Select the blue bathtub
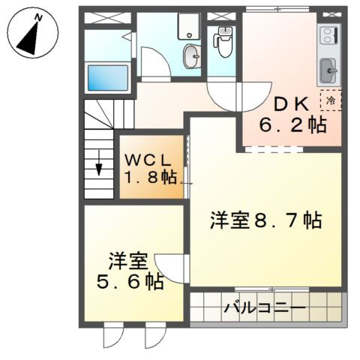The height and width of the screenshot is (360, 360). (108, 77)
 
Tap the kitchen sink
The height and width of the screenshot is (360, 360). (328, 72)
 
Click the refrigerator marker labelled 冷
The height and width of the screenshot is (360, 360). (330, 99)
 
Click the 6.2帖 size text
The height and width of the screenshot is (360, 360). (293, 125)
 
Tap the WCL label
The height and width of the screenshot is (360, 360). (149, 160)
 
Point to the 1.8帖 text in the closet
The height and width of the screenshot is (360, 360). (150, 178)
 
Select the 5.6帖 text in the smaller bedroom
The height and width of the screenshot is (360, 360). (129, 282)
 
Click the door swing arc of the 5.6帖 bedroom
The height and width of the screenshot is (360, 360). (170, 268)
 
